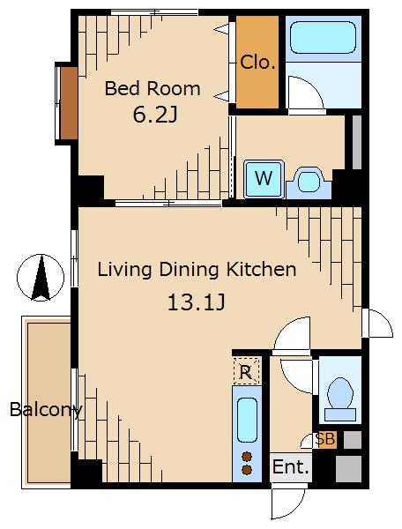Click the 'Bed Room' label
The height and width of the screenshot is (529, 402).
153,88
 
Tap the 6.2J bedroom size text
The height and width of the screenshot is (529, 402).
155,115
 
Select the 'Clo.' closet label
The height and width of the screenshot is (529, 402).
257,62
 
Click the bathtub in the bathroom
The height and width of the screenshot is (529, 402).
323,37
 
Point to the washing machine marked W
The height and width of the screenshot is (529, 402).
264,179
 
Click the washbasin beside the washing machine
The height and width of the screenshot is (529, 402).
309,183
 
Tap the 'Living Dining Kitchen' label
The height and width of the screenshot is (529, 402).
197,270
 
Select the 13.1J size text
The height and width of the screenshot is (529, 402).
197,302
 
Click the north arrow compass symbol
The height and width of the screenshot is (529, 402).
41,278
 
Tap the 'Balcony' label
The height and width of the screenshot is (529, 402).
46,409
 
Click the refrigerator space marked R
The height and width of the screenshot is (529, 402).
247,371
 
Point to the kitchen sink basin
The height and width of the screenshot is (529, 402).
247,420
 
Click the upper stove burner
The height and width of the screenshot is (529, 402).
247,457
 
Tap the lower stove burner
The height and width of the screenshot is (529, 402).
247,470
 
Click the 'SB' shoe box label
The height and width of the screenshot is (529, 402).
324,439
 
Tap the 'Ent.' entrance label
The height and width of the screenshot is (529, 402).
291,467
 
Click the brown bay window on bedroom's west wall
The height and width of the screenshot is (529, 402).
69,103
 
